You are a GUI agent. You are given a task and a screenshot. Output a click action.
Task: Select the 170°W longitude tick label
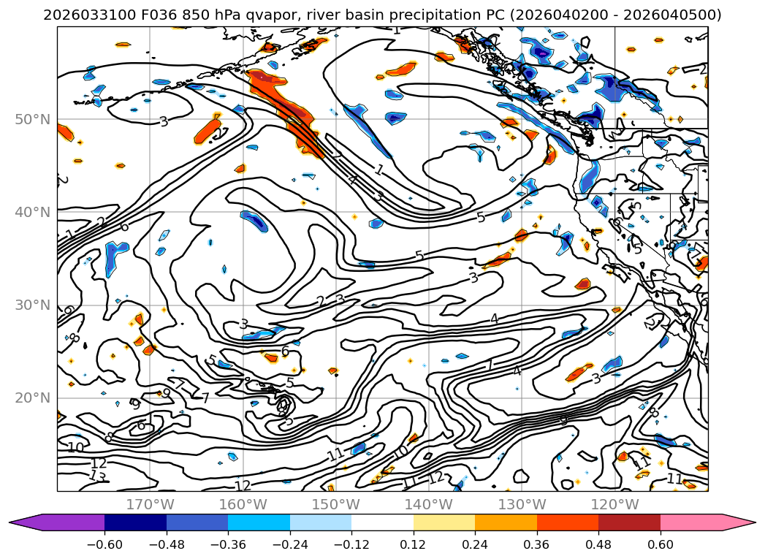[150, 504]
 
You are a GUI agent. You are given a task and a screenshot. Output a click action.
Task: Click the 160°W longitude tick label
[243, 504]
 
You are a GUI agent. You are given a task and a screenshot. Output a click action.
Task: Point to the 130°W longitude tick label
[522, 504]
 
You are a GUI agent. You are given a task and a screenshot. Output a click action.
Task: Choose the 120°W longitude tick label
[614, 504]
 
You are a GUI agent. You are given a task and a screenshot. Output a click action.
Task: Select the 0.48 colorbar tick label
[598, 544]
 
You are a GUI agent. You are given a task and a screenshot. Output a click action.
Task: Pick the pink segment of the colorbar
[698, 522]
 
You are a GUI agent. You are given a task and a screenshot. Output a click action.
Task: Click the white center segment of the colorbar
[382, 522]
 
